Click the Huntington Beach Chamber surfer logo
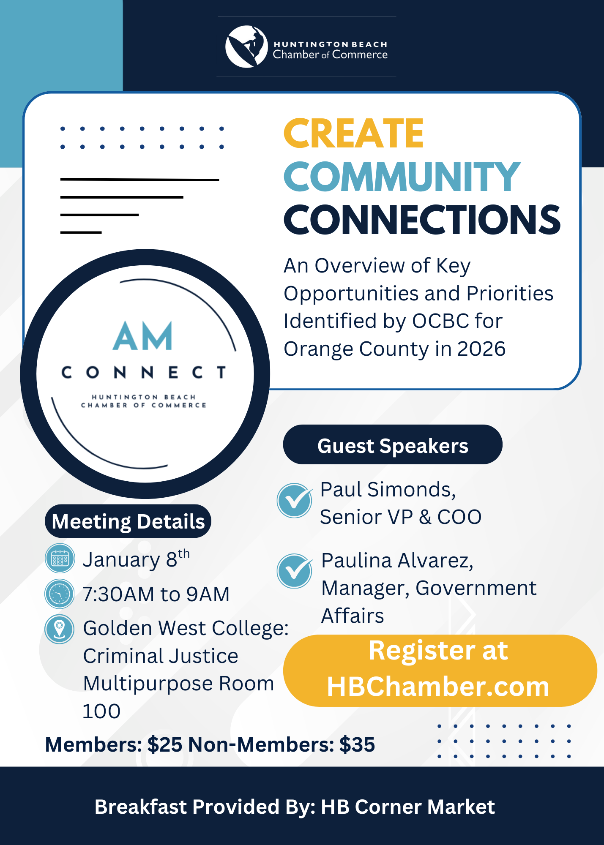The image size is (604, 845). coord(246,46)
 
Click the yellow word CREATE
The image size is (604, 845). coord(353,134)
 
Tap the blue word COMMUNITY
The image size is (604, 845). coord(402,177)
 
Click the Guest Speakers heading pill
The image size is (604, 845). coord(393,444)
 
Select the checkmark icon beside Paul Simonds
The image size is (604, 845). coord(295,501)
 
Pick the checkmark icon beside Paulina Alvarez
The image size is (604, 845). coord(295,571)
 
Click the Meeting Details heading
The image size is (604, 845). coord(128,521)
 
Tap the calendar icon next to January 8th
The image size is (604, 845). coord(60,559)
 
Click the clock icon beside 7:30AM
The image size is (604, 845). coord(60,594)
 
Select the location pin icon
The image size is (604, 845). coord(60,629)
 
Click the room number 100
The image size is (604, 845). coord(101,711)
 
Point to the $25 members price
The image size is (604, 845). coord(165,744)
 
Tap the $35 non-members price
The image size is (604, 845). coord(357,744)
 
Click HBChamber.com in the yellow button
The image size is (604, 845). coord(438,687)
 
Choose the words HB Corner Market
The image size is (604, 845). coord(408,807)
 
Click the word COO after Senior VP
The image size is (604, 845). coord(459,517)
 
